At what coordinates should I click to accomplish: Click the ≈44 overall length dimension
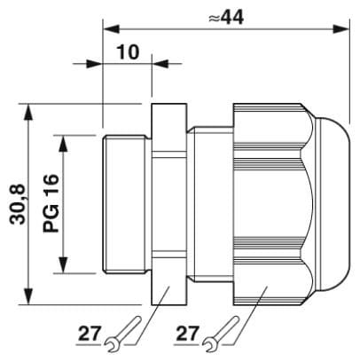point(226,18)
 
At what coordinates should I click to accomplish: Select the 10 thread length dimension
point(128,52)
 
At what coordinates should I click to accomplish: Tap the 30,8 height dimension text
point(19,205)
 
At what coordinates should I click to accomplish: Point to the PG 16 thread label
point(51,203)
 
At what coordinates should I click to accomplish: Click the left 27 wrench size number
point(90,334)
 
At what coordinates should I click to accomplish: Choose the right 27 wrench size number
point(187,334)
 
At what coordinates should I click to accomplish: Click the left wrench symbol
point(123,334)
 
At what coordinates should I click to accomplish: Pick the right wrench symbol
point(222,334)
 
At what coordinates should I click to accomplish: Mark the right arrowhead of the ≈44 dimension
point(341,29)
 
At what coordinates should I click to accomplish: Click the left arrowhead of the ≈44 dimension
point(111,29)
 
